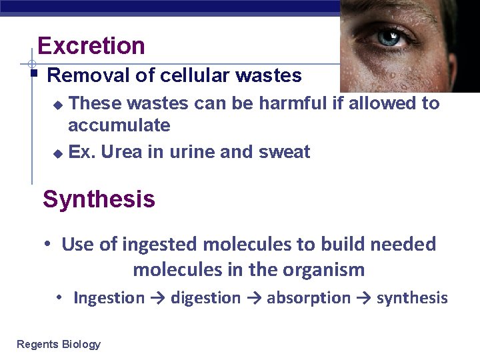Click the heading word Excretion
click(91, 46)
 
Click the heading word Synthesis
click(99, 199)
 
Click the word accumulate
click(119, 125)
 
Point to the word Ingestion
click(109, 298)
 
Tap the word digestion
click(205, 298)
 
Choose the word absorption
click(308, 298)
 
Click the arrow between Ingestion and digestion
click(157, 298)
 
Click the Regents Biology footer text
click(59, 344)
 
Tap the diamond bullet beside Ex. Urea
click(57, 153)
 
